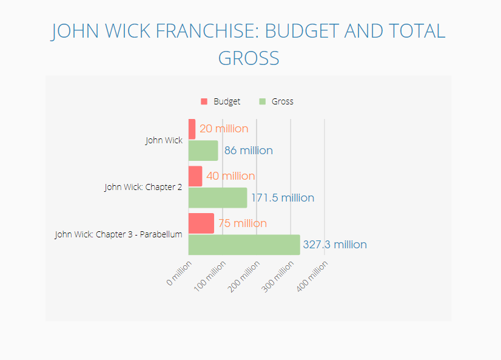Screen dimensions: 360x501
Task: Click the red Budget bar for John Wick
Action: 192,129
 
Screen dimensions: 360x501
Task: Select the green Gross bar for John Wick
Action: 203,151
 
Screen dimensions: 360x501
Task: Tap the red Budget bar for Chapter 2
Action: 195,176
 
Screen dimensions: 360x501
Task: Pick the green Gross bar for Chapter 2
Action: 218,198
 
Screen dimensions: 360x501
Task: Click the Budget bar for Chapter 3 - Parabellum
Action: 201,223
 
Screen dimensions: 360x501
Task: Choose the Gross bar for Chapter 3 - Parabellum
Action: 244,245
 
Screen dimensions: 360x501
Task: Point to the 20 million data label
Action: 224,129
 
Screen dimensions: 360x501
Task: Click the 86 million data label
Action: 248,151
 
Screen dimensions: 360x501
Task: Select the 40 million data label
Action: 230,176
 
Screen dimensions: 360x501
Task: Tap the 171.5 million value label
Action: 283,198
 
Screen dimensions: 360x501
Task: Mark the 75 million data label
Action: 243,223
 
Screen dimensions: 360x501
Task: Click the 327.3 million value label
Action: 335,245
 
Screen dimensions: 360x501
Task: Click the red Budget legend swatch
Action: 204,101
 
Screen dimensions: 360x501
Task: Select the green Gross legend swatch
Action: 262,101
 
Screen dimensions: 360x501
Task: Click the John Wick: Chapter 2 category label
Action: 143,187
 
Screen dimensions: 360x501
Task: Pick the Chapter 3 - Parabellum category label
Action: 119,234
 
